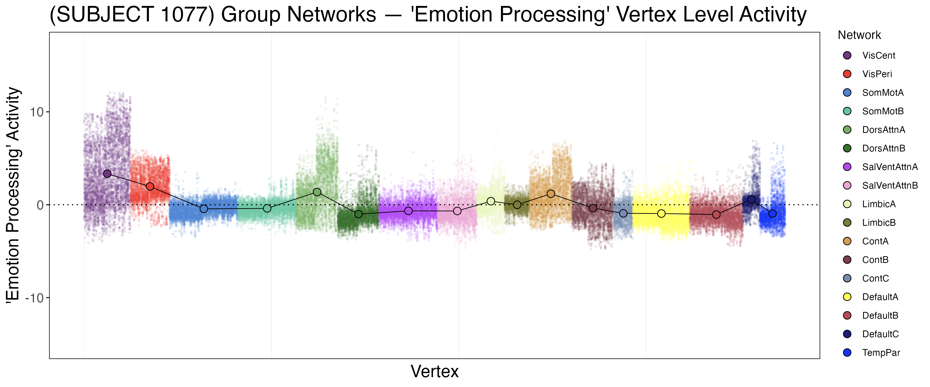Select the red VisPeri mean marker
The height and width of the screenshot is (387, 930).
pyautogui.click(x=150, y=187)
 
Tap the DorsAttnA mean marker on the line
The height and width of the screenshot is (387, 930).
pyautogui.click(x=317, y=192)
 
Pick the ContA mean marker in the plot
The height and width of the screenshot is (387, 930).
pyautogui.click(x=551, y=194)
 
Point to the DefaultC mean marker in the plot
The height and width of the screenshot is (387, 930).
pyautogui.click(x=751, y=199)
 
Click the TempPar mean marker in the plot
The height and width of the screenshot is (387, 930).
pyautogui.click(x=772, y=214)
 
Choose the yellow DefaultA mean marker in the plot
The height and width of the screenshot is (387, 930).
pyautogui.click(x=661, y=214)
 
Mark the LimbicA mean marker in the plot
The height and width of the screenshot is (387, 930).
pyautogui.click(x=491, y=201)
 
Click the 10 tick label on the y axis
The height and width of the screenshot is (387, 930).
pyautogui.click(x=36, y=112)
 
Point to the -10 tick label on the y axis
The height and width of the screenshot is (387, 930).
pyautogui.click(x=34, y=298)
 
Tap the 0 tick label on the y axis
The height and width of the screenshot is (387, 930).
pyautogui.click(x=40, y=205)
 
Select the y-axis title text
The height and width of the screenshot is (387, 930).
pyautogui.click(x=13, y=195)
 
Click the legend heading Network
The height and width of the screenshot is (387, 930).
pyautogui.click(x=859, y=35)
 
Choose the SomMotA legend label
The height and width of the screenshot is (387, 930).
pyautogui.click(x=882, y=93)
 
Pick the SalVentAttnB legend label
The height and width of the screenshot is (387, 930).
pyautogui.click(x=889, y=186)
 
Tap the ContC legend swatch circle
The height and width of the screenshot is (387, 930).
pyautogui.click(x=847, y=278)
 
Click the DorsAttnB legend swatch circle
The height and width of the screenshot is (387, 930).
pyautogui.click(x=847, y=148)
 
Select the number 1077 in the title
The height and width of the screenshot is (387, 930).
pyautogui.click(x=184, y=14)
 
